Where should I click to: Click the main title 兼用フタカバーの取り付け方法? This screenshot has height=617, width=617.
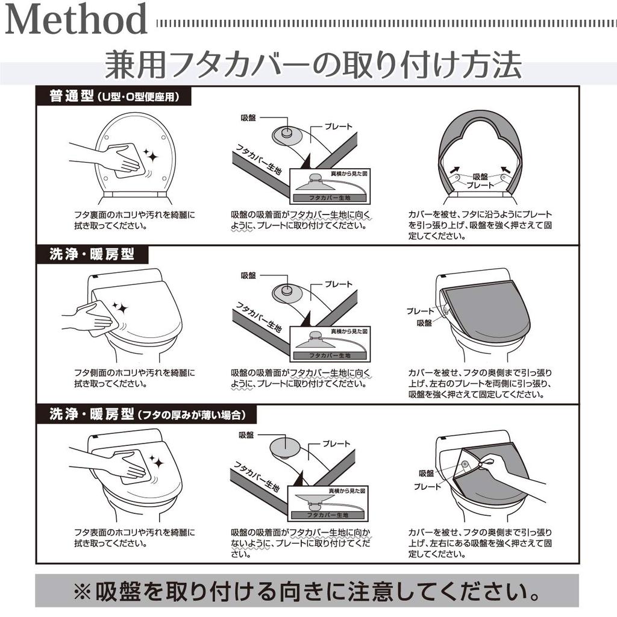pos(313,64)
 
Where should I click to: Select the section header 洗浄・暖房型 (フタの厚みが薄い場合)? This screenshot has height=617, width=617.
pos(146,415)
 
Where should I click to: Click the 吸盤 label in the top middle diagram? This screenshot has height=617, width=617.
pos(248,117)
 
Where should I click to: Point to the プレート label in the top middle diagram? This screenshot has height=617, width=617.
pos(339,127)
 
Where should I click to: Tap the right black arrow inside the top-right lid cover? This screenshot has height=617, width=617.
pos(506,169)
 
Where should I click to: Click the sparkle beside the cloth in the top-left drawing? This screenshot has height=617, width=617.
pos(150,156)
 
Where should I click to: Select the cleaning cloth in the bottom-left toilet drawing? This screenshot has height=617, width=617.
pos(136,467)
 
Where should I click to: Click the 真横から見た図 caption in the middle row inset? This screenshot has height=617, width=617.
pos(349,331)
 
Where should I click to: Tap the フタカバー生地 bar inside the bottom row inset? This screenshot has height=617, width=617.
pos(328,515)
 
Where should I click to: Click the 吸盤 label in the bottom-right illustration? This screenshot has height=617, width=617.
pos(427,474)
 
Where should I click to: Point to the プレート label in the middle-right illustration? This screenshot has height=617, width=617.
pos(420,312)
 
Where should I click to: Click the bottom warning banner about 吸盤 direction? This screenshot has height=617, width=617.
pos(307,590)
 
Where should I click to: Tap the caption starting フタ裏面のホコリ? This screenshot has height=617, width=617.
pos(134,221)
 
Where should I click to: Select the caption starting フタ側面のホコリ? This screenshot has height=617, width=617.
pos(134,378)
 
